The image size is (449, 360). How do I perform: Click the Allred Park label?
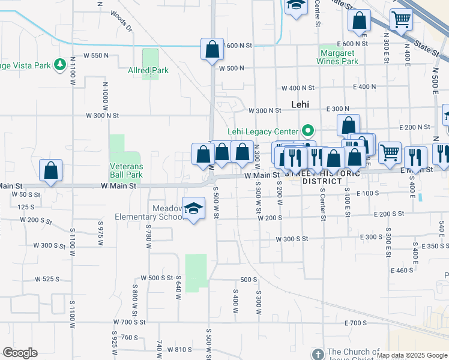pyautogui.click(x=148, y=70)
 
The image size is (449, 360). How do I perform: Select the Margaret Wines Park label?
pyautogui.click(x=338, y=57)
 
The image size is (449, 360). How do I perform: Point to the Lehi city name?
pyautogui.click(x=300, y=104)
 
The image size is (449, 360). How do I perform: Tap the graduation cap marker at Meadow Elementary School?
pyautogui.click(x=193, y=209)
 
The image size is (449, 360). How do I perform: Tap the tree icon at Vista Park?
pyautogui.click(x=59, y=64)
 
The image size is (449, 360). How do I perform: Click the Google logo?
pyautogui.click(x=20, y=353)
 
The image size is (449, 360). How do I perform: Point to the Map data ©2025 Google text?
pyautogui.click(x=412, y=355)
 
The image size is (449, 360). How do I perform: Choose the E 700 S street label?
pyautogui.click(x=355, y=323)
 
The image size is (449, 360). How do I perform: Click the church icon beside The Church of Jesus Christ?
pyautogui.click(x=318, y=353)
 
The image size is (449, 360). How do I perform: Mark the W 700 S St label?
pyautogui.click(x=139, y=322)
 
